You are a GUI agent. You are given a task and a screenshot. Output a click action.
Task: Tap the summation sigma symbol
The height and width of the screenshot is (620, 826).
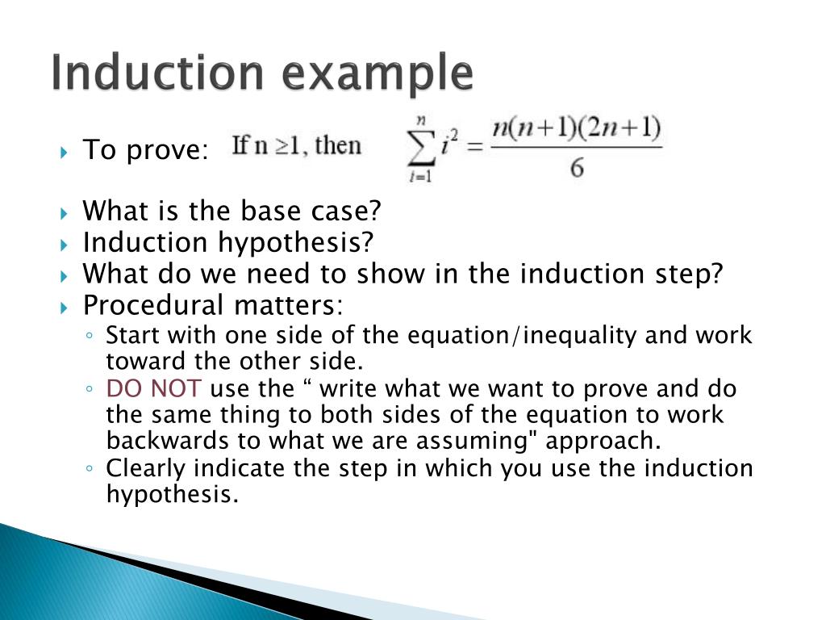419,148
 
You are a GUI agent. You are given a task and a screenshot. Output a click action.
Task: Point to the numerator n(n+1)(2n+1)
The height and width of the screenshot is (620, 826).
577,128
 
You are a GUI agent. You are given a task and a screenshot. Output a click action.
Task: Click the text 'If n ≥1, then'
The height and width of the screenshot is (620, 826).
297,146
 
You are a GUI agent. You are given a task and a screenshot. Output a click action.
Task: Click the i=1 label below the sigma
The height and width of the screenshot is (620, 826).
419,178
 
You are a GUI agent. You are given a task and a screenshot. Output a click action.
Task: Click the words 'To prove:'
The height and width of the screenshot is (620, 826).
146,149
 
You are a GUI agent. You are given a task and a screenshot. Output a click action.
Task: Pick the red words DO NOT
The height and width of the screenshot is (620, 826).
154,389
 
